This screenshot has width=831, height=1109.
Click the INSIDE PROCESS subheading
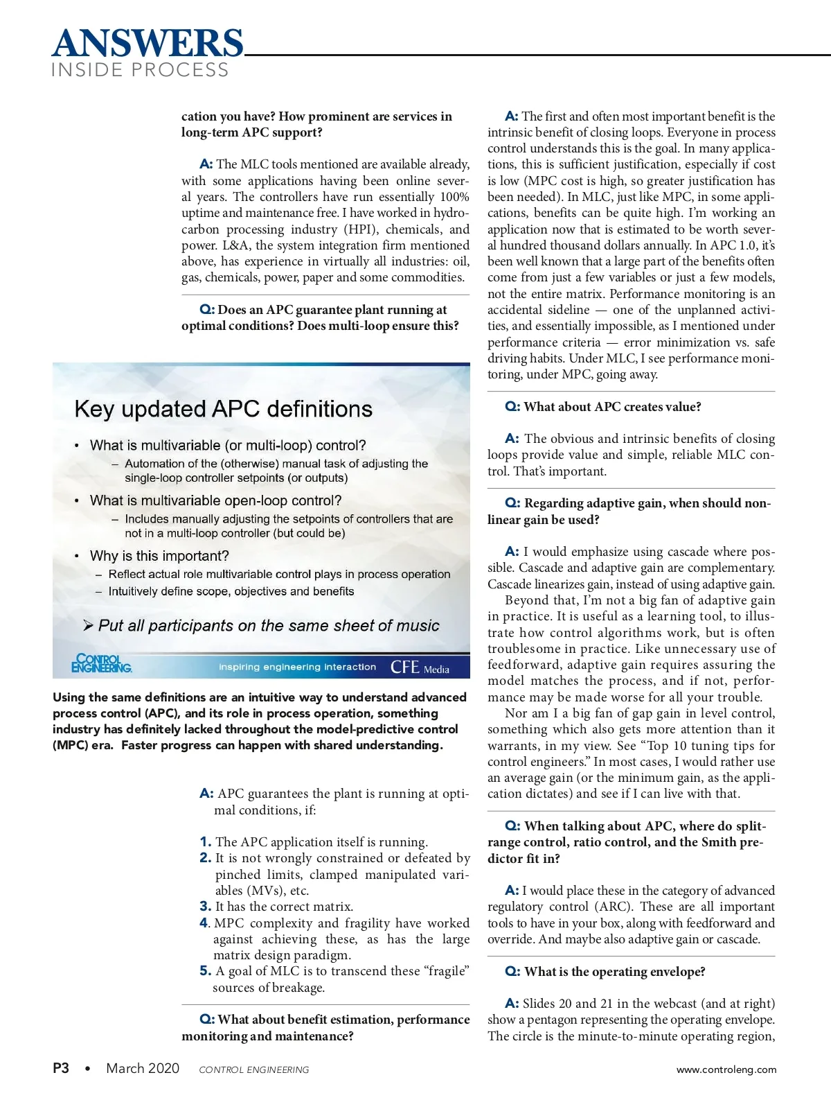[140, 70]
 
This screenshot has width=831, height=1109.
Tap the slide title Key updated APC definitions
[223, 409]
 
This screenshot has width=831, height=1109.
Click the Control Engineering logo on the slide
[101, 663]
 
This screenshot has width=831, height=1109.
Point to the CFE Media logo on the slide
[420, 667]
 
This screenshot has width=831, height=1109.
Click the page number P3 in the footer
[61, 1068]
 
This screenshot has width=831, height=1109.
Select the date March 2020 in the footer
[143, 1068]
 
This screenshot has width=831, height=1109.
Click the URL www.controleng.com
[726, 1069]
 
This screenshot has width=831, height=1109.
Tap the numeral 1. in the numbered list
[206, 842]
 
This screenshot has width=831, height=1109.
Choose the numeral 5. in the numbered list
[206, 971]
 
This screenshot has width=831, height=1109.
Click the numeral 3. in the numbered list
[206, 907]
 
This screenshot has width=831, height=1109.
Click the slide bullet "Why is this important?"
[159, 556]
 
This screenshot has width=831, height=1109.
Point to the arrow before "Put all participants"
[89, 626]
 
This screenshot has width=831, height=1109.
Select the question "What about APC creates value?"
[612, 407]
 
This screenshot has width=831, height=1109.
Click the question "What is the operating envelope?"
[614, 972]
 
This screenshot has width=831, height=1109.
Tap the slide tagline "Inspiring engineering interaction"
[297, 667]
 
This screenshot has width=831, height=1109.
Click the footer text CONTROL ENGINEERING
[253, 1069]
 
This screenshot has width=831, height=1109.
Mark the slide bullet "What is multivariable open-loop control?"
[215, 500]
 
